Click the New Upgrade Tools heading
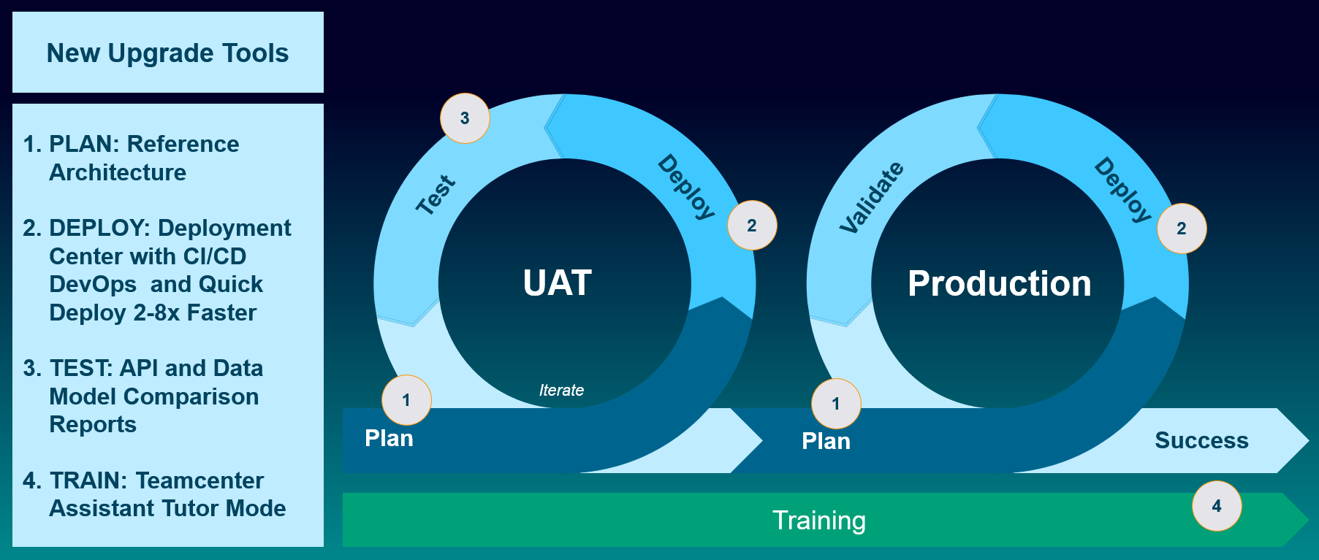click(x=167, y=53)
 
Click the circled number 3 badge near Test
click(x=465, y=118)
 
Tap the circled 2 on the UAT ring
click(x=752, y=226)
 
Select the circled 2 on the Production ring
click(x=1182, y=229)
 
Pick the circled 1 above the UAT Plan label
click(x=406, y=400)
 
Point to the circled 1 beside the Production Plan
click(x=836, y=404)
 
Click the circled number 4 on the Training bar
click(x=1217, y=506)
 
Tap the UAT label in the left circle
click(x=558, y=283)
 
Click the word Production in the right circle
click(x=999, y=283)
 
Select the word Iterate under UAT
click(x=561, y=390)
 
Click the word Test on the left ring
click(x=436, y=195)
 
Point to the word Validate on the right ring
click(x=871, y=197)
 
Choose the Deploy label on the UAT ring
click(x=687, y=186)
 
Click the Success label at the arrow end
click(x=1201, y=440)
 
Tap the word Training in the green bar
click(x=819, y=521)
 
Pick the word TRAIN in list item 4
click(x=88, y=480)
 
